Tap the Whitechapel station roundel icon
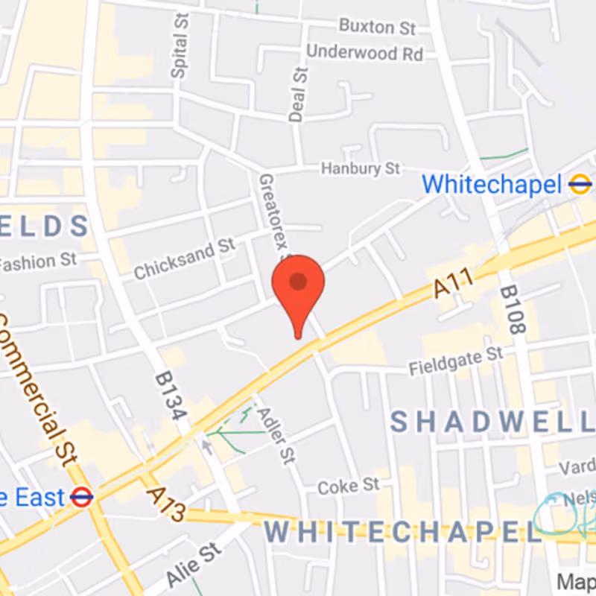(x=579, y=184)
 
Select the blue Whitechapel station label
(x=491, y=184)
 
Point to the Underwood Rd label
(x=364, y=53)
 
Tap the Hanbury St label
(x=361, y=169)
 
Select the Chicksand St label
(x=184, y=259)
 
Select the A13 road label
(x=165, y=504)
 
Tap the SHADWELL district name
(x=492, y=422)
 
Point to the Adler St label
(x=271, y=435)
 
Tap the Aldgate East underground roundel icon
(x=82, y=497)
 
